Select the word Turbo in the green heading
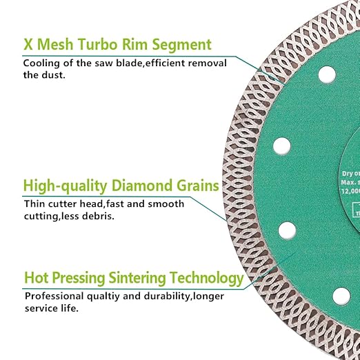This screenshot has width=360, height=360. tap(105, 46)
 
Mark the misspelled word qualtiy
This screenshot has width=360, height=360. tap(103, 296)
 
